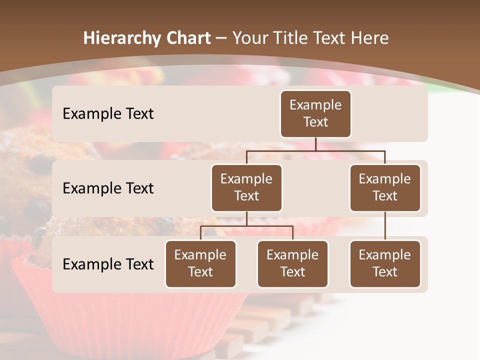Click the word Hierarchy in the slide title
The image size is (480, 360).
(122, 38)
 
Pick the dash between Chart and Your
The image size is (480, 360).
(221, 39)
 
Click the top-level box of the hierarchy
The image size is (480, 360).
(315, 113)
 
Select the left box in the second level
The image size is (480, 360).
(246, 187)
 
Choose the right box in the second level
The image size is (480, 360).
(385, 187)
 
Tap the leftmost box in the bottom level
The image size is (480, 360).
(200, 263)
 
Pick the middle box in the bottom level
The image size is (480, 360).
(292, 263)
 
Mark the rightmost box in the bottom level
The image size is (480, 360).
(385, 263)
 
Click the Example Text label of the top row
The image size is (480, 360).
(108, 113)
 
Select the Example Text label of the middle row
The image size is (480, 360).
(108, 188)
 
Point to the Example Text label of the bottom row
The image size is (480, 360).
(108, 264)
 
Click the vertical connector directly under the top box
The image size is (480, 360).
(315, 144)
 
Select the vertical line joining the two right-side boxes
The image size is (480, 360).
(385, 226)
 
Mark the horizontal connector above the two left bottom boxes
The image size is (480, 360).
(246, 226)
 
